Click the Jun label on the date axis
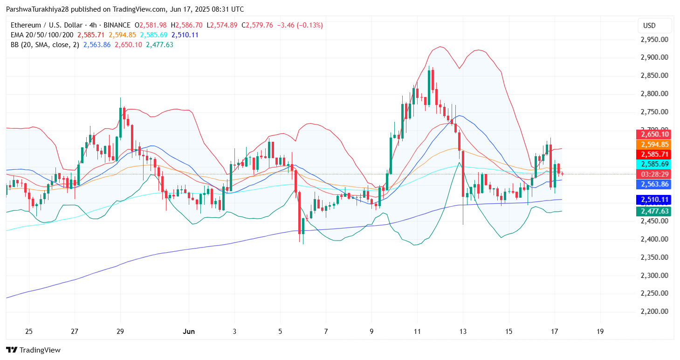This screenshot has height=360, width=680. pos(189,332)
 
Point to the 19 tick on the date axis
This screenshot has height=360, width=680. pos(600,332)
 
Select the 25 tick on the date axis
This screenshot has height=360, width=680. pos(29,332)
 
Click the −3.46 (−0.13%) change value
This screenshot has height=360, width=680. pos(299,25)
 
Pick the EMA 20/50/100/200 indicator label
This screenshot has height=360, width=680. pos(42,35)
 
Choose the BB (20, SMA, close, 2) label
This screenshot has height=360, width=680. pos(45,45)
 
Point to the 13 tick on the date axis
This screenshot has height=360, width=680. pos(463,332)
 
